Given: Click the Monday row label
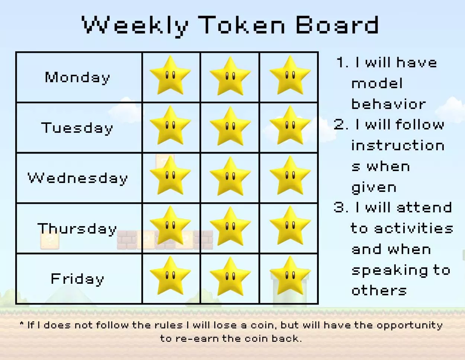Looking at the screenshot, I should pos(77,77).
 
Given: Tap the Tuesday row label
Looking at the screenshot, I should pos(77,128).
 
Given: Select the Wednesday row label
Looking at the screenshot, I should pos(77,178).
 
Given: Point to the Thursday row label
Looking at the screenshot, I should pos(77,228).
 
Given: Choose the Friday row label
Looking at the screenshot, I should pos(77,279).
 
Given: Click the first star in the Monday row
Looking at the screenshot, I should pos(170,76).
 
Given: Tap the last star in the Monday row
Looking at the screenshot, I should pos(290,76).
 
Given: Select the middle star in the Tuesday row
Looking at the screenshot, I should pos(230,126).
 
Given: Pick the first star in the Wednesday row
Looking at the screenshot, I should pos(170,176).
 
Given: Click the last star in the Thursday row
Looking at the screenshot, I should pos(290,226).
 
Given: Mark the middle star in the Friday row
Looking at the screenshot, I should pos(230,277).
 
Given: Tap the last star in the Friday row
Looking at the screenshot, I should pos(290,277).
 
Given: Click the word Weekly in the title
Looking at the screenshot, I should pos(135,25).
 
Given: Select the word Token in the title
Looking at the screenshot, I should pos(242,25).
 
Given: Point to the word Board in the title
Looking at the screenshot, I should pos(337,25).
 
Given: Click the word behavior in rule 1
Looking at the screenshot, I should pos(388,104).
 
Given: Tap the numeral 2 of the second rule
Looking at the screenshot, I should pos(339,125).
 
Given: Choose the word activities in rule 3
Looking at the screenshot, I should pos(413,228).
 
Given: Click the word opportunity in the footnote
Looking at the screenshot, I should pos(409,325).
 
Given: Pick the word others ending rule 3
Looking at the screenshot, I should pos(379,290).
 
